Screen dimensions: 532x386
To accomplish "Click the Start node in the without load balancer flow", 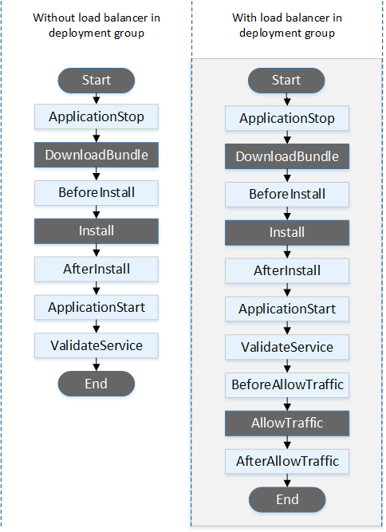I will [96, 80].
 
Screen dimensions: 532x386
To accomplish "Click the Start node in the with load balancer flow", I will [287, 81].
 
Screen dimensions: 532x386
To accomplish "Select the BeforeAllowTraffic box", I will [287, 384].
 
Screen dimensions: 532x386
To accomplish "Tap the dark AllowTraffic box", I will [287, 423].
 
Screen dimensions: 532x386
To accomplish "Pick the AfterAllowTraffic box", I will [287, 461].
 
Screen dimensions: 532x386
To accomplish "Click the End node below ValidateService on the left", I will [96, 383].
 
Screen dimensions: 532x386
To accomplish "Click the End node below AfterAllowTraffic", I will [287, 499].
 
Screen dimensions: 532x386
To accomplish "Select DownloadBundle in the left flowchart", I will [96, 155].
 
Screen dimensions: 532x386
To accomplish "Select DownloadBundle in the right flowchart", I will [287, 156].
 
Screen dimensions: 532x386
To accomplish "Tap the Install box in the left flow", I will [96, 231].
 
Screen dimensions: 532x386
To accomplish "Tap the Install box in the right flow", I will [287, 232].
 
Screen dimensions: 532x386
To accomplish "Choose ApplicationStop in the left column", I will [96, 117].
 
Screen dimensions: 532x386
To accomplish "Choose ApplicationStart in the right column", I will [287, 309].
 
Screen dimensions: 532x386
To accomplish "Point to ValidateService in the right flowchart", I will [287, 347].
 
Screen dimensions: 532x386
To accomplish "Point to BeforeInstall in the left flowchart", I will [96, 192].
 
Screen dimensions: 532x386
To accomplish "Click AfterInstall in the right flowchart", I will [287, 270].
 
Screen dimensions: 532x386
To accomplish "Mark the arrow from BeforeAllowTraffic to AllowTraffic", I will [287, 404].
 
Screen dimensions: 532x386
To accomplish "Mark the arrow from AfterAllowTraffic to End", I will [287, 481].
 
